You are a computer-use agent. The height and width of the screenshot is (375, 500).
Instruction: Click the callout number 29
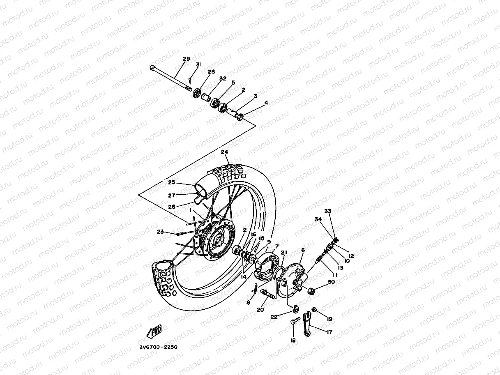click(186, 59)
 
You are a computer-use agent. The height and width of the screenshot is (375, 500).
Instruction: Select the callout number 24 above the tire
click(224, 152)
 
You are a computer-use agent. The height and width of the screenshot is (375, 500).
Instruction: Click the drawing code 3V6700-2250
click(158, 347)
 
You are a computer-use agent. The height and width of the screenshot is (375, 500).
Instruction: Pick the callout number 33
click(327, 211)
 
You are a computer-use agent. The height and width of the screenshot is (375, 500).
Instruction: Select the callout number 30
click(331, 282)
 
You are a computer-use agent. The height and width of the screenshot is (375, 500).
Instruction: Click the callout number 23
click(160, 232)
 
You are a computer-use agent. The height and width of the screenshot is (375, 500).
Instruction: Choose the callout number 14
click(244, 277)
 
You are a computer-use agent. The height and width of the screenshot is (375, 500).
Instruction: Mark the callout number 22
click(274, 317)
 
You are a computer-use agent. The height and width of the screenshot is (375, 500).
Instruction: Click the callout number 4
click(266, 103)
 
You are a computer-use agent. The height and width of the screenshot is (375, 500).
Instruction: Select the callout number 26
click(172, 207)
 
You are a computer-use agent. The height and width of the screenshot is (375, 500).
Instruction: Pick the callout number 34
click(318, 219)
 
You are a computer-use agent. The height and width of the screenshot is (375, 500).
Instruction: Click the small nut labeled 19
click(314, 309)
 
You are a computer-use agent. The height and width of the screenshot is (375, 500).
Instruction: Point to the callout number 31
click(199, 65)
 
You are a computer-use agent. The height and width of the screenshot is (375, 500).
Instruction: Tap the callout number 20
click(260, 310)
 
